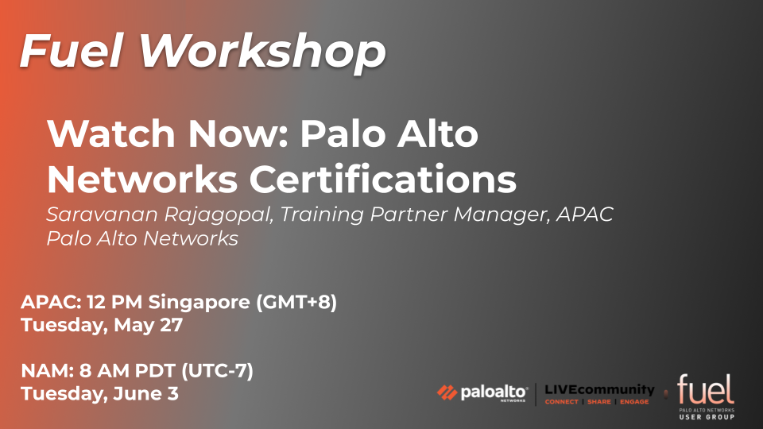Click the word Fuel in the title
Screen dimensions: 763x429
coord(71,51)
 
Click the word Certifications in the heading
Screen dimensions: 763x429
coord(383,179)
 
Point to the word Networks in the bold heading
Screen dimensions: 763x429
coord(142,179)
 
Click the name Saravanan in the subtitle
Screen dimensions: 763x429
coord(103,214)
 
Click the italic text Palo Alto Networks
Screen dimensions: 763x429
coord(142,238)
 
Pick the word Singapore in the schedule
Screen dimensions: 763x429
coord(199,303)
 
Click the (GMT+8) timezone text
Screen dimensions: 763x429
coord(296,302)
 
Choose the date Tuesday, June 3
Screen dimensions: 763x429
coord(100,393)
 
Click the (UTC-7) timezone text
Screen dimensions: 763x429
coord(217,371)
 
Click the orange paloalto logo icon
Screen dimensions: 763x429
coord(446,392)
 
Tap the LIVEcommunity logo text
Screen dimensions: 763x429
coord(599,389)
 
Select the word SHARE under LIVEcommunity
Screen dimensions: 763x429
coord(599,402)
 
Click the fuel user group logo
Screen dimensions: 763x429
coord(706,396)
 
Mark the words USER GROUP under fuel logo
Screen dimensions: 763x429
coord(707,417)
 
